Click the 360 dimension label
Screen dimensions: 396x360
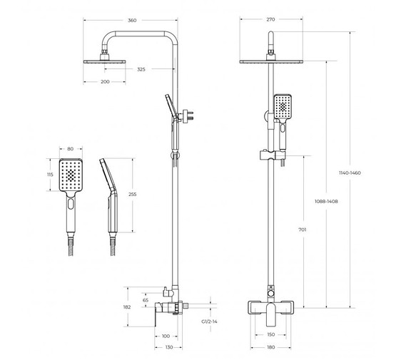pyautogui.click(x=132, y=21)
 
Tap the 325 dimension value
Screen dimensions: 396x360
pyautogui.click(x=141, y=69)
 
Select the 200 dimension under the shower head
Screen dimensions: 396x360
pyautogui.click(x=105, y=81)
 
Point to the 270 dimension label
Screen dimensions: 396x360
pyautogui.click(x=270, y=19)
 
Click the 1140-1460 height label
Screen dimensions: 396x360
pyautogui.click(x=350, y=173)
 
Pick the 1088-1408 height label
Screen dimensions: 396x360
pyautogui.click(x=326, y=201)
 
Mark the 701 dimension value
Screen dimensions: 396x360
pyautogui.click(x=303, y=230)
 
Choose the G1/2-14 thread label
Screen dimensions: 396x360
pyautogui.click(x=209, y=322)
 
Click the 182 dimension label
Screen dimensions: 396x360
pyautogui.click(x=127, y=307)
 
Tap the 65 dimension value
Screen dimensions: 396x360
pyautogui.click(x=146, y=300)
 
